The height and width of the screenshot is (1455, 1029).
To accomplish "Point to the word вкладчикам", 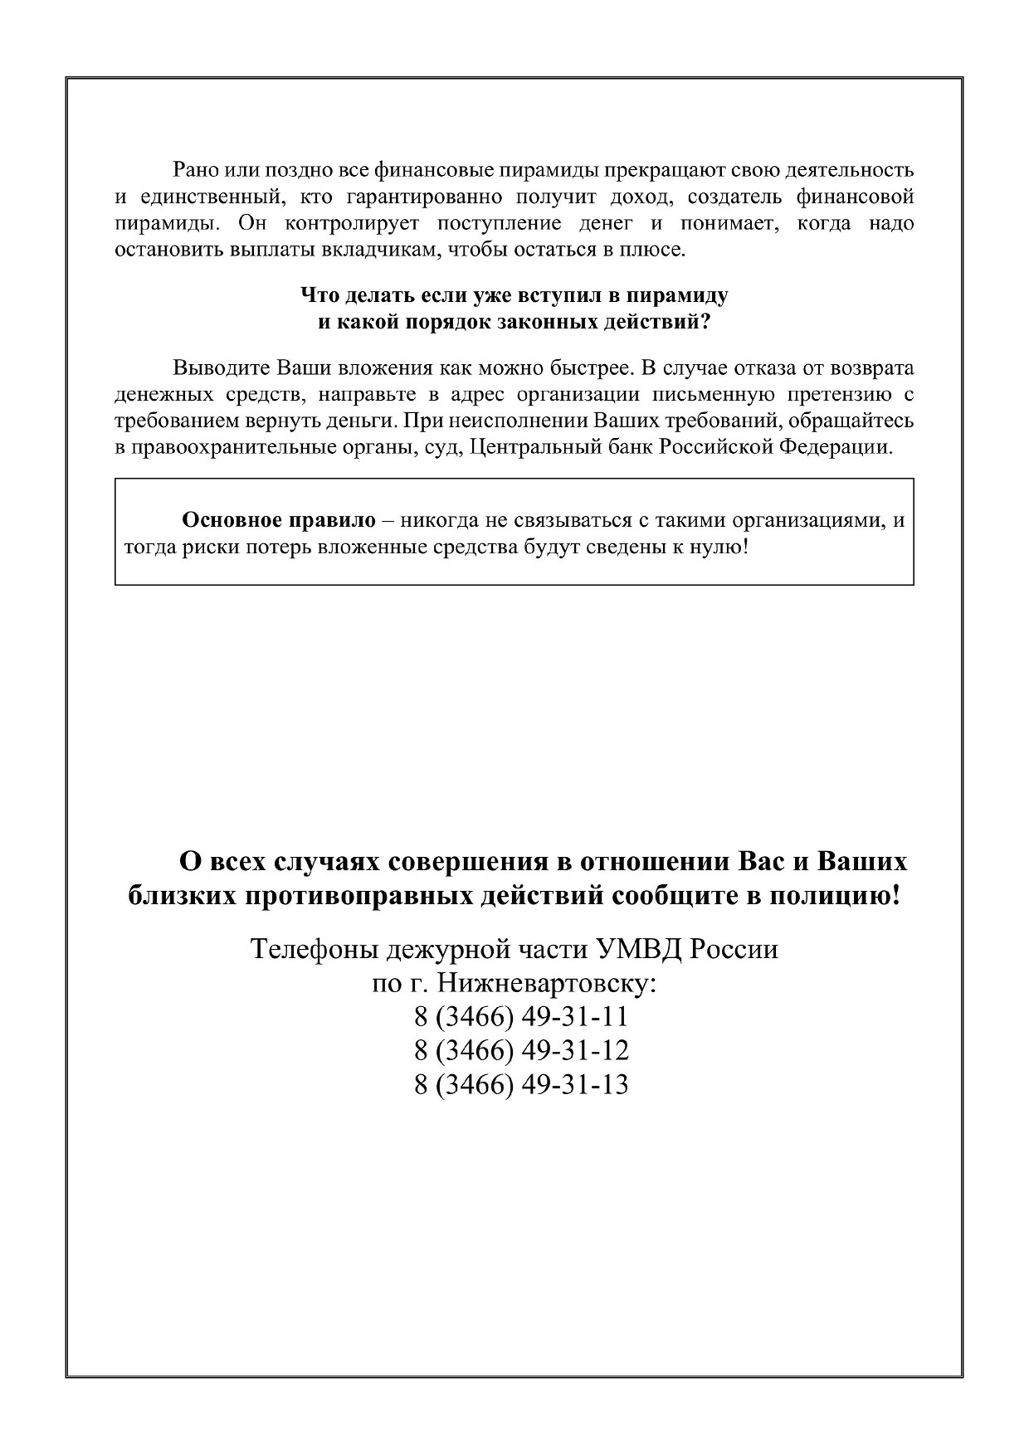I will pyautogui.click(x=378, y=250).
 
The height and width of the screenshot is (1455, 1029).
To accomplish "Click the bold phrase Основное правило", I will pyautogui.click(x=279, y=521).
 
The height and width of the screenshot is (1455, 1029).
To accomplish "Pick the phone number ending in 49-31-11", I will pyautogui.click(x=521, y=1017).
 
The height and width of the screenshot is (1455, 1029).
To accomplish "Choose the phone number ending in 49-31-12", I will pyautogui.click(x=521, y=1051).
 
